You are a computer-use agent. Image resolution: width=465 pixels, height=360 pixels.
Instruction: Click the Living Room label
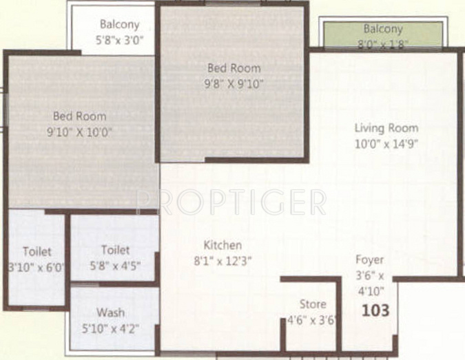coord(386,128)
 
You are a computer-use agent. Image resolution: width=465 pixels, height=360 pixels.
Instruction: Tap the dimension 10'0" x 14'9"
coord(386,144)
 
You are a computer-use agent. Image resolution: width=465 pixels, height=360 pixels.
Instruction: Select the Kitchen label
coord(223,245)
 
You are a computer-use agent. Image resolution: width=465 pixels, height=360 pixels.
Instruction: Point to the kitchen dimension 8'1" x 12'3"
coord(223,261)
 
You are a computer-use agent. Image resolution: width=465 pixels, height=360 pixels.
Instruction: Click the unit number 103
coord(375,310)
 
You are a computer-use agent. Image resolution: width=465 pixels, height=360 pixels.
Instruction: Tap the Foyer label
coord(369,260)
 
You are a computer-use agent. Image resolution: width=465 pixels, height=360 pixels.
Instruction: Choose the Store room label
coord(313,304)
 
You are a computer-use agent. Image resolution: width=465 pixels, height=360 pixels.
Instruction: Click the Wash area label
coord(110,313)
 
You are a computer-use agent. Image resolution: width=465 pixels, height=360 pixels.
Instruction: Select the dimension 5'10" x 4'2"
coord(110,328)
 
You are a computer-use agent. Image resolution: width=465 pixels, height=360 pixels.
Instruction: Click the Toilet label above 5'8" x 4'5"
coord(115,250)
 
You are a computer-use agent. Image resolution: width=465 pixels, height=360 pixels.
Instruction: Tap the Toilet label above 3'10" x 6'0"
coord(37,251)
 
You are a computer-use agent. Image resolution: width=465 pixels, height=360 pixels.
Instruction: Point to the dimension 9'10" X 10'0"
coord(79,132)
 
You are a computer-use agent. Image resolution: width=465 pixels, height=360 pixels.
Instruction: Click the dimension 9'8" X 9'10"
coord(234,84)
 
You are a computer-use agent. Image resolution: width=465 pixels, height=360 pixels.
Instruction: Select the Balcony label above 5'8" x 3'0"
coord(119,24)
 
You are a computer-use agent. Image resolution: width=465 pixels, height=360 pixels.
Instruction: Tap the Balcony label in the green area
coord(383,29)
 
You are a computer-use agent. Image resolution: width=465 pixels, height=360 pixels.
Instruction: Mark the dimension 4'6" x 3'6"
coord(311,320)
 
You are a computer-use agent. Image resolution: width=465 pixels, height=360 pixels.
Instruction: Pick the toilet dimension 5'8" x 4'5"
coord(115,266)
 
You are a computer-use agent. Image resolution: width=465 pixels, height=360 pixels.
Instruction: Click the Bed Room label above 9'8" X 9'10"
coord(234,68)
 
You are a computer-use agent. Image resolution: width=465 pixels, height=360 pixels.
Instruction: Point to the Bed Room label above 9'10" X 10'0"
coord(79,116)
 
